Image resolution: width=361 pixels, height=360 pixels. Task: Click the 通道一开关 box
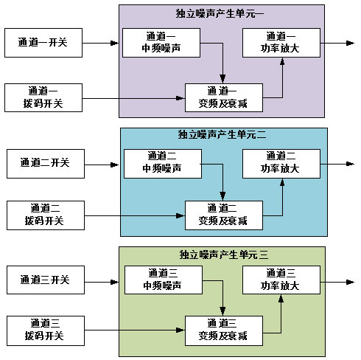(43, 43)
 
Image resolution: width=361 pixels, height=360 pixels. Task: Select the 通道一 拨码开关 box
(43, 97)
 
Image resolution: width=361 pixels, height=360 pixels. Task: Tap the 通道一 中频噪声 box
(161, 43)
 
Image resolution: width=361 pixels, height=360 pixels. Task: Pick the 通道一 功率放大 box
(281, 43)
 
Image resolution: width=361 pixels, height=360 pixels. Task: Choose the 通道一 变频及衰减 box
(224, 97)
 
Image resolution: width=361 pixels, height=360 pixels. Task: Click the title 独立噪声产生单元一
(220, 13)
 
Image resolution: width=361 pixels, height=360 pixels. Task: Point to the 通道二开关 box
(46, 164)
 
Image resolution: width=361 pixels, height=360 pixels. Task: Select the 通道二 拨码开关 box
(46, 215)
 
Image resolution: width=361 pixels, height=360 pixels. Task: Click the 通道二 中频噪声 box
(163, 164)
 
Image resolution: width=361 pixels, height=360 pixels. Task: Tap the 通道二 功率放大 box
(281, 164)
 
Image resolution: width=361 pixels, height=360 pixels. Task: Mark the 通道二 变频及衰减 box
(224, 215)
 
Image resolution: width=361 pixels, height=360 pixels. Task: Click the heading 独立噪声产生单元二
(222, 135)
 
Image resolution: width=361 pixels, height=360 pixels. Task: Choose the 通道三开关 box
(46, 280)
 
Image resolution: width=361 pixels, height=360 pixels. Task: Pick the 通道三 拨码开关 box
(46, 330)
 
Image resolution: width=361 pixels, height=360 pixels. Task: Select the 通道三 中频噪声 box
(164, 280)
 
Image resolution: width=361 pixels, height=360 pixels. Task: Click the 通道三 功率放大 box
(281, 280)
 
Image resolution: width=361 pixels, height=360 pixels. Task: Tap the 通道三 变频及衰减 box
(224, 330)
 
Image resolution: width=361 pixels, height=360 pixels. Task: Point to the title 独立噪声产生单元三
(224, 255)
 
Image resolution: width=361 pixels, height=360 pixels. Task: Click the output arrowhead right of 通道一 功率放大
(350, 43)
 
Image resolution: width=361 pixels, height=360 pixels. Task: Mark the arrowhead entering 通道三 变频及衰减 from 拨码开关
(180, 330)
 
